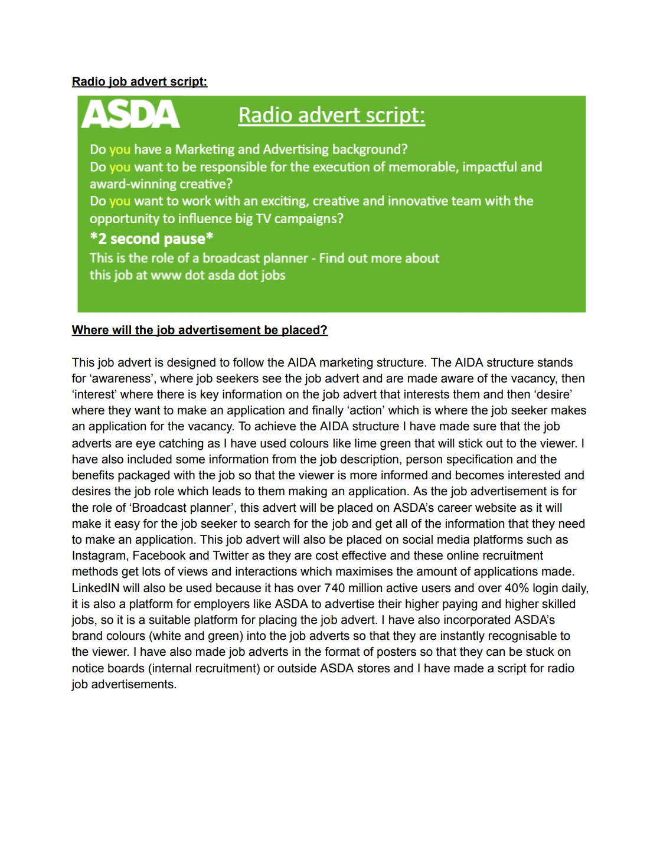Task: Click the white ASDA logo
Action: [x=130, y=114]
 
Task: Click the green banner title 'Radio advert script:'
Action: [x=331, y=115]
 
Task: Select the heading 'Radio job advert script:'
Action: [x=139, y=81]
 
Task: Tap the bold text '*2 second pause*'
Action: [x=151, y=238]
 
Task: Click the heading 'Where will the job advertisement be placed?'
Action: [x=200, y=330]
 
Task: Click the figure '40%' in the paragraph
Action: [x=517, y=588]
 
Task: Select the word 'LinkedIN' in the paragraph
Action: [x=96, y=588]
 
